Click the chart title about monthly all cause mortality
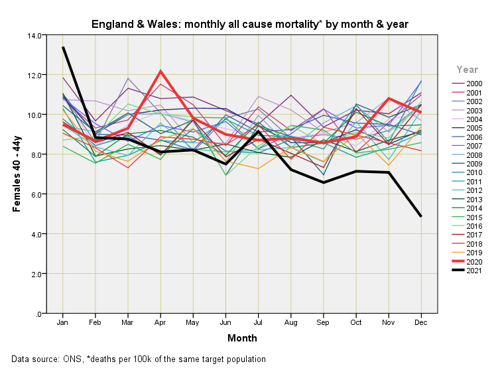point(249,25)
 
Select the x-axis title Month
point(242,338)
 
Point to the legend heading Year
point(468,69)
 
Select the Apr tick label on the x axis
point(160,322)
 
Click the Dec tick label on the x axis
point(421,322)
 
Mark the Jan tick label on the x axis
point(63,322)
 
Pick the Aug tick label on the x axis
point(291,322)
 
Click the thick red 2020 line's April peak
point(160,71)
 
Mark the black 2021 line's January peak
point(63,47)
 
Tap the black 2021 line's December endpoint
point(421,216)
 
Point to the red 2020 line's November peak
point(389,99)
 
